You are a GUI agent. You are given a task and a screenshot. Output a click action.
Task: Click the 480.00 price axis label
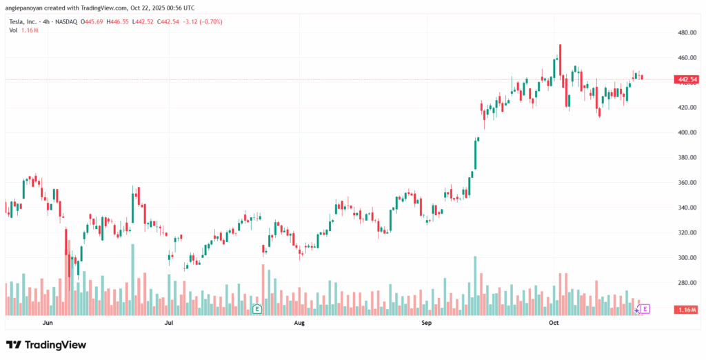(687, 32)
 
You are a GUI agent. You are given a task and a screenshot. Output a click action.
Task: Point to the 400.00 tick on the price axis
(687, 132)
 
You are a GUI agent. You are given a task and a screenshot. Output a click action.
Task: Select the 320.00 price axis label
(687, 232)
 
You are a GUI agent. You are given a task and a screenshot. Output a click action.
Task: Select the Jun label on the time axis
(48, 322)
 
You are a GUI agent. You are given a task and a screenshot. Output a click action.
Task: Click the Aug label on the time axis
(299, 322)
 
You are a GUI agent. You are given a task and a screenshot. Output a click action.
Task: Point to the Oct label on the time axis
(553, 322)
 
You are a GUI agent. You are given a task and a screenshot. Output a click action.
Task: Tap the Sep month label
(426, 322)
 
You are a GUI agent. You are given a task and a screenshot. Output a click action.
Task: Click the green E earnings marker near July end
(256, 309)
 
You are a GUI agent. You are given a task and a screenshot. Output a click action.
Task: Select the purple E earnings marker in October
(645, 309)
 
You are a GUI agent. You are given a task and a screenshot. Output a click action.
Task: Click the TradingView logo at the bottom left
(46, 344)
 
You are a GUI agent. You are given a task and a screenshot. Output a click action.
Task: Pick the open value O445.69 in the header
(92, 21)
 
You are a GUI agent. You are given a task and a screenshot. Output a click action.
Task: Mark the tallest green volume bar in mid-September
(475, 285)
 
